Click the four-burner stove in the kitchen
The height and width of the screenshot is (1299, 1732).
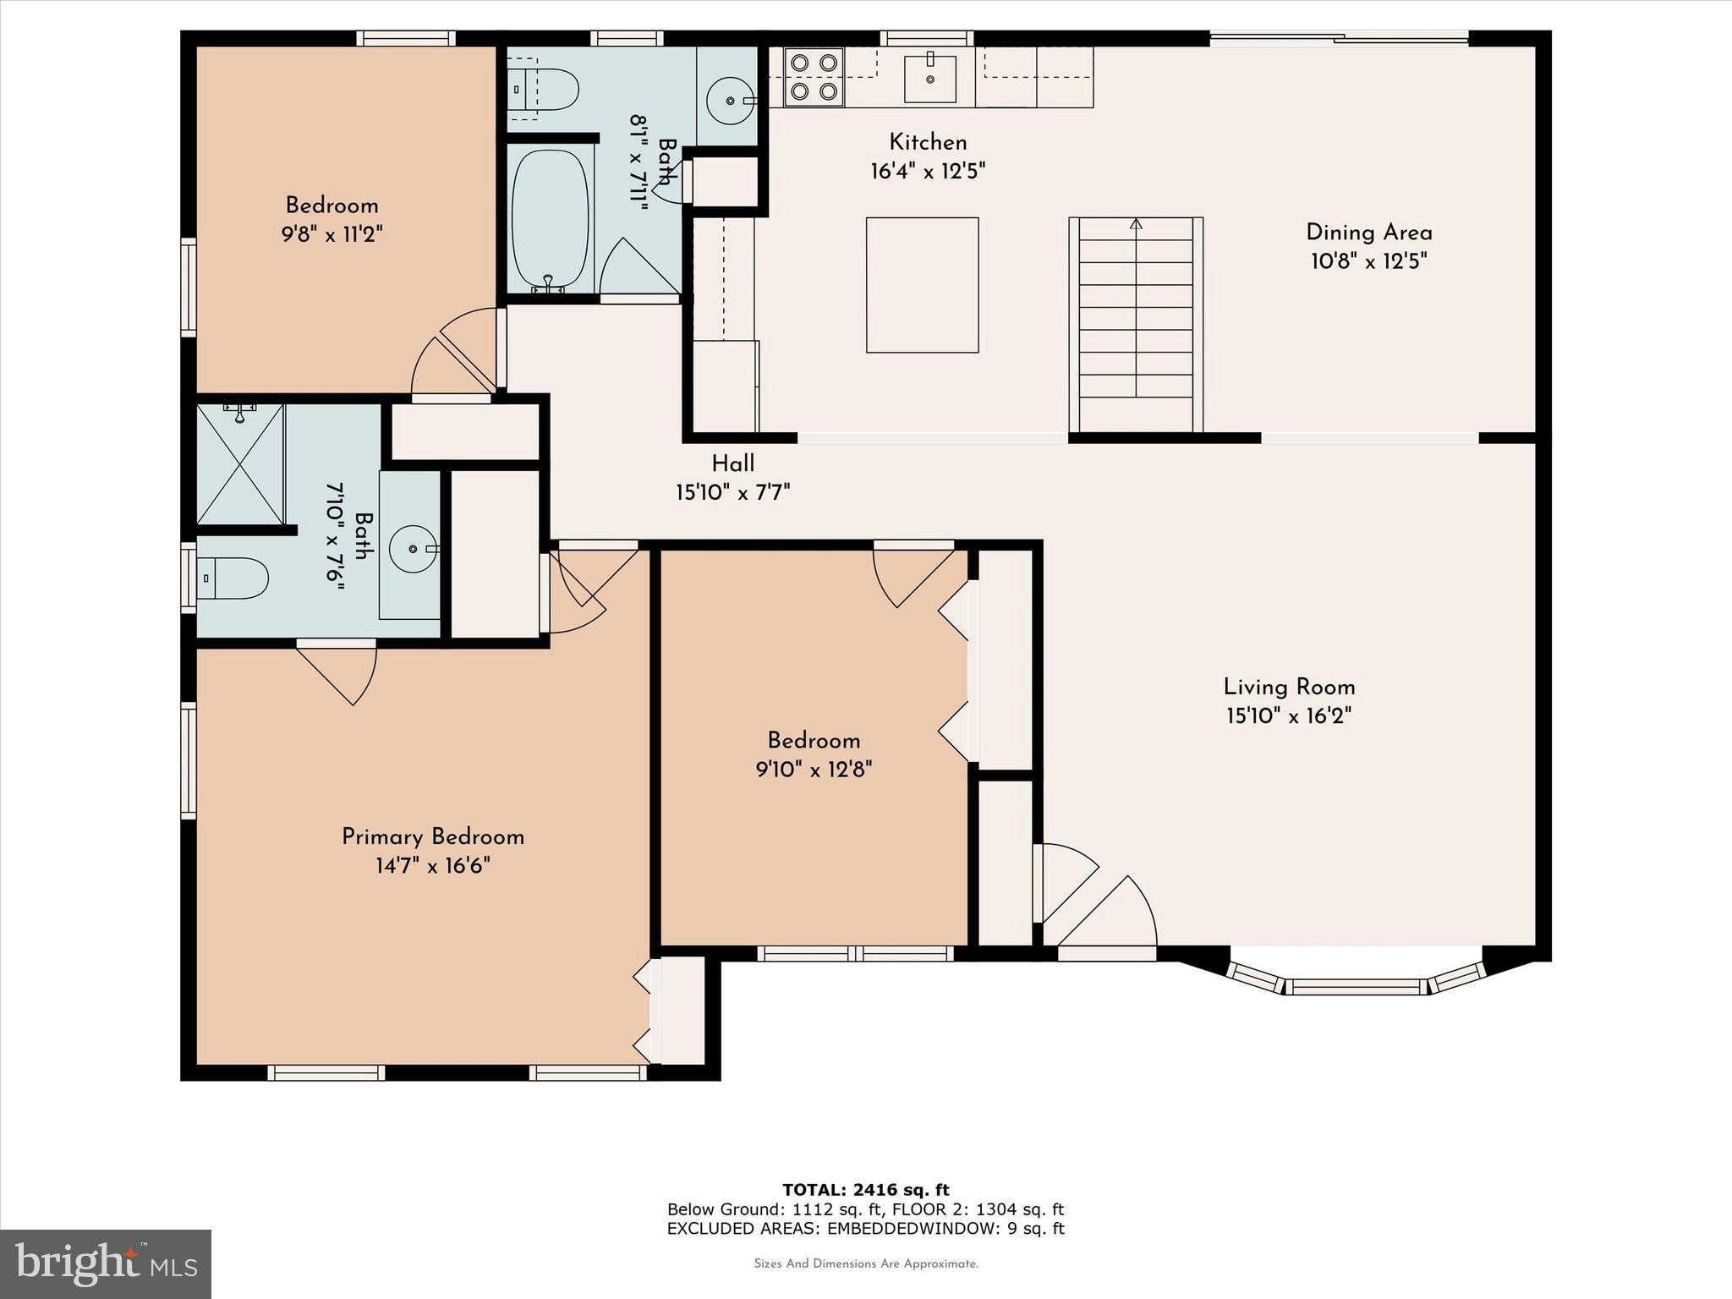point(814,76)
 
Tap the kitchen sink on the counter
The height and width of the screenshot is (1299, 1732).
point(930,79)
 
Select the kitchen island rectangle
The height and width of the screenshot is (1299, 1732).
point(922,285)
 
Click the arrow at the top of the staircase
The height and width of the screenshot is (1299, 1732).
point(1136,225)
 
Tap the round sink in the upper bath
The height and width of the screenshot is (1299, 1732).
point(727,100)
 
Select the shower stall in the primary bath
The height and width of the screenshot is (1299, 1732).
point(240,463)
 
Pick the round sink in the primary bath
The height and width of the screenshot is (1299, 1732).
point(412,549)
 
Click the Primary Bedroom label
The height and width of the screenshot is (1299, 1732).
point(432,837)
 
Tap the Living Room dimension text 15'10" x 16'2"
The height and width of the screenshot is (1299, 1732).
point(1289,716)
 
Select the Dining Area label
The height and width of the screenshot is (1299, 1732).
point(1368,233)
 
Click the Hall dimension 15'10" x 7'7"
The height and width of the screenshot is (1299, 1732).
point(732,492)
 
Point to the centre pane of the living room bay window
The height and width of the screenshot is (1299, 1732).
point(1357,986)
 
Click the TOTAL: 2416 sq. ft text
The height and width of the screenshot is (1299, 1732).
point(865,1190)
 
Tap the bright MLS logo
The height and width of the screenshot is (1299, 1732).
point(106,1263)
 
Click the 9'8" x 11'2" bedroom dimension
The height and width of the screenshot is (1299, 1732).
point(332,234)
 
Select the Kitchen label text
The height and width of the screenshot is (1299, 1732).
point(927,142)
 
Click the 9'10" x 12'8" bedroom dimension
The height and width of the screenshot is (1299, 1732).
point(814,770)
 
